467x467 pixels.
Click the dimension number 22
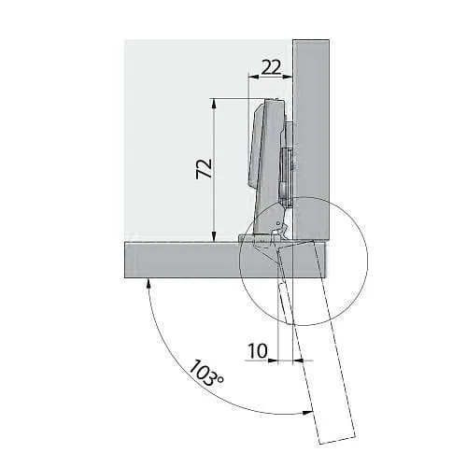coord(271,67)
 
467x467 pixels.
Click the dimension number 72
coord(204,169)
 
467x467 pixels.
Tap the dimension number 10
coord(258,351)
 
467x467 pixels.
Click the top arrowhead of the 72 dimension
coord(214,103)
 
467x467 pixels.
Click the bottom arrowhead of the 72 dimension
coord(214,236)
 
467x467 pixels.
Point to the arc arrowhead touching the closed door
coord(149,283)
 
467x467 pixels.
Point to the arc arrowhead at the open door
coord(307,413)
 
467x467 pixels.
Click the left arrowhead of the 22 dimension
coord(254,77)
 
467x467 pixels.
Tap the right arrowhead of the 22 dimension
coord(288,77)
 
